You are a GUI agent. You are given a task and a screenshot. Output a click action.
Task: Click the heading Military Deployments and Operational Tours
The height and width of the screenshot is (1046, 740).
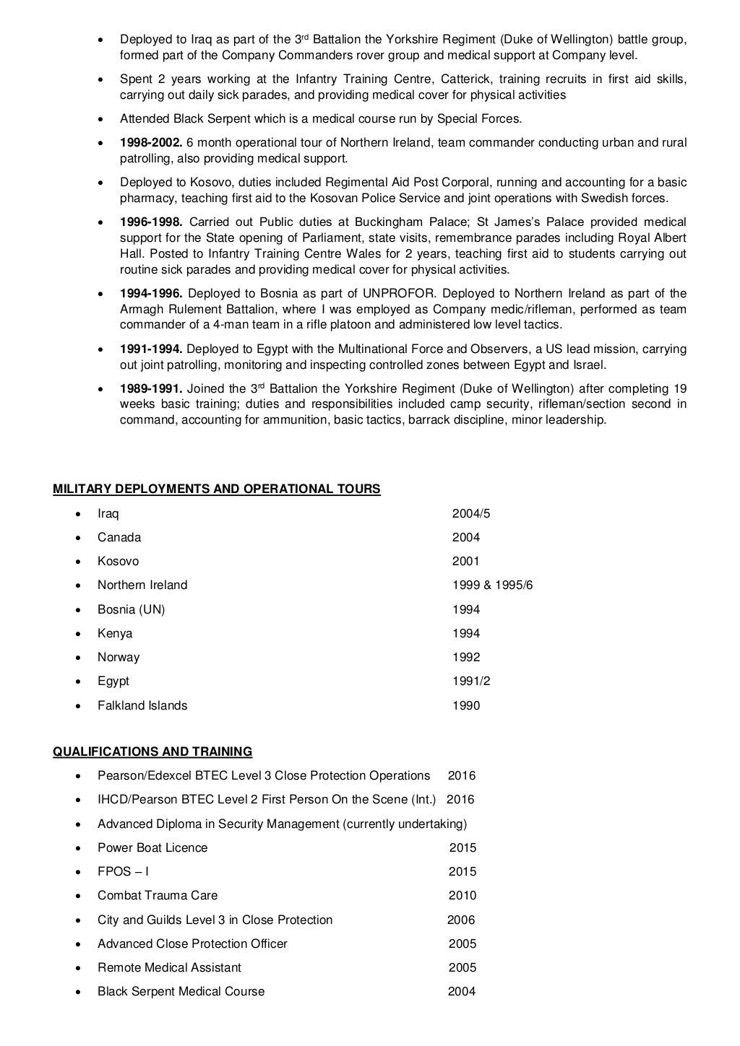point(217,489)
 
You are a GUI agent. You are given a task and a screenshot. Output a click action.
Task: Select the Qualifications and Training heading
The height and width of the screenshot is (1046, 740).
point(152,751)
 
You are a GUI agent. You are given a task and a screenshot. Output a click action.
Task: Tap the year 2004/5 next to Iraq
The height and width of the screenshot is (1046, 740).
point(470,513)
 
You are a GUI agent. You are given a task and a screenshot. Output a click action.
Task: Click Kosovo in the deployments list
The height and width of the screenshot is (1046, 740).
point(118,561)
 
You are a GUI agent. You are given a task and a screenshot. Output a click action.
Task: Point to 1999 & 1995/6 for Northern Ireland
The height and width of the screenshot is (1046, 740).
point(492,585)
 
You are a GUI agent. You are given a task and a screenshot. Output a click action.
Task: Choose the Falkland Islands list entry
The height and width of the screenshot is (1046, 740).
point(142,705)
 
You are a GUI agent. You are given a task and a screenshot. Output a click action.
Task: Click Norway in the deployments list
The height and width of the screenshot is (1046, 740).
point(119,657)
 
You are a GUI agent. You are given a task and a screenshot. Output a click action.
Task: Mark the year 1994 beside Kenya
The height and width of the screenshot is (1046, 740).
point(465,633)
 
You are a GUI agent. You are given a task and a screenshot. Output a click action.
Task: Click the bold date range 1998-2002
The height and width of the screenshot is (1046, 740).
point(151,143)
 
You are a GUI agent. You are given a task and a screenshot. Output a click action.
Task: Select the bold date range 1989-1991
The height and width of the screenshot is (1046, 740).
point(151,388)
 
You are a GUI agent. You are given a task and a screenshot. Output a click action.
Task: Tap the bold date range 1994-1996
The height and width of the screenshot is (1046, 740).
point(151,293)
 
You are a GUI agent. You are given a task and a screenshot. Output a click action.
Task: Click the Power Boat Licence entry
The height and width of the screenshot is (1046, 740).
point(152,847)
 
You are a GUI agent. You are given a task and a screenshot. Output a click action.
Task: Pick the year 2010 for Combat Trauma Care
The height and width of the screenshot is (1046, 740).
point(462,895)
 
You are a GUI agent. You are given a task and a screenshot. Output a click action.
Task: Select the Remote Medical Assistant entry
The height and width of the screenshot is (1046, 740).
point(169,967)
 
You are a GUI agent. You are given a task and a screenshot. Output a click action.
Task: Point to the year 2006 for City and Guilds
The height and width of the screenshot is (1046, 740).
point(461,920)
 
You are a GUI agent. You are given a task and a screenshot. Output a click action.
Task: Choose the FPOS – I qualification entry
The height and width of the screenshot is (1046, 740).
point(123,871)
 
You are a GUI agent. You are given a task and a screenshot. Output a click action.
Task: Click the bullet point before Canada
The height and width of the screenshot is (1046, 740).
point(78,538)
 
